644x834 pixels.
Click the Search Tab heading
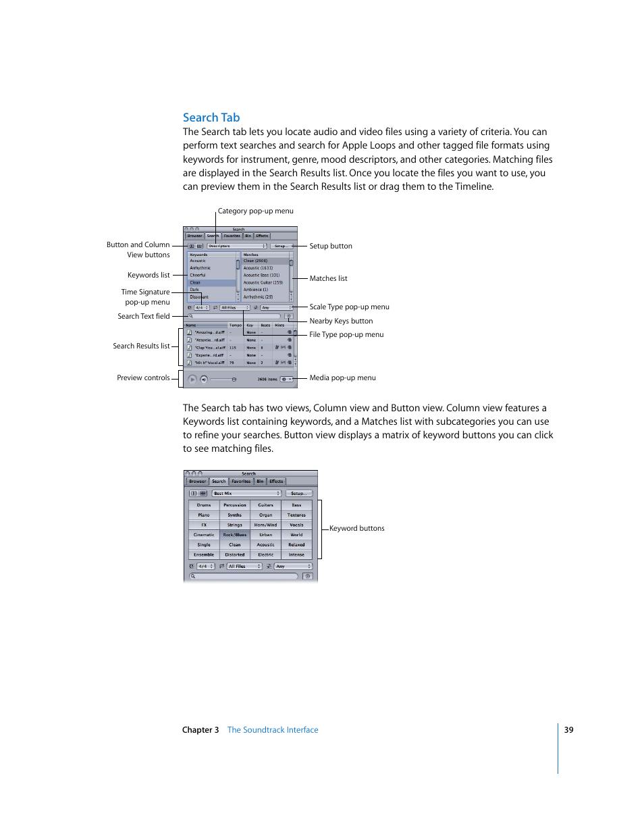tap(211, 118)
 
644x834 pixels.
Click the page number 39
tap(568, 730)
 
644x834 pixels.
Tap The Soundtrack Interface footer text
tap(273, 730)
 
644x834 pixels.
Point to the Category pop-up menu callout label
tap(255, 211)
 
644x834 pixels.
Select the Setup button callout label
tap(330, 246)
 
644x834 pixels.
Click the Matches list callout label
tap(328, 278)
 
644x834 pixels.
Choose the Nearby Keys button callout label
tap(341, 321)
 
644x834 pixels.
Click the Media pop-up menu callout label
tap(342, 378)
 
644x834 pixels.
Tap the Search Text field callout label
tap(144, 316)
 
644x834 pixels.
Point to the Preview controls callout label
tap(143, 378)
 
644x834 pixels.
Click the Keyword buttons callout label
tap(356, 529)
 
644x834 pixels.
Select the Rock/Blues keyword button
tap(235, 535)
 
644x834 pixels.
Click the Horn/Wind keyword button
tap(265, 525)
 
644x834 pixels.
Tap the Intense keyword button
tap(296, 554)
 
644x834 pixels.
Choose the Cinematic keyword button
tap(204, 535)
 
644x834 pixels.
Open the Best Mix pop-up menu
tap(246, 494)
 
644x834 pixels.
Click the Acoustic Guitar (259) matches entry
tap(263, 282)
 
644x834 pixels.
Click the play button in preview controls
tap(192, 380)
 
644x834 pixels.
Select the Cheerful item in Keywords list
tap(198, 276)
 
